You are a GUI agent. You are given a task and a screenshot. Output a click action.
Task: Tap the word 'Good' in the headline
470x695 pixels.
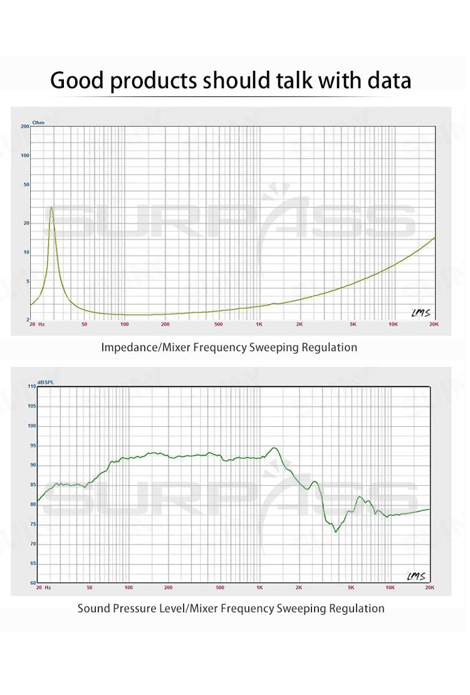pyautogui.click(x=77, y=81)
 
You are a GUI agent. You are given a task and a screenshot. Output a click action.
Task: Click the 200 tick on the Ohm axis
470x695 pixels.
pyautogui.click(x=25, y=126)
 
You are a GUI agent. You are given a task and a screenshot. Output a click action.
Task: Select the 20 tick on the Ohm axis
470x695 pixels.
pyautogui.click(x=26, y=223)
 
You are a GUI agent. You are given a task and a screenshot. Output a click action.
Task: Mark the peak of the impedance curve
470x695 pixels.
pyautogui.click(x=51, y=207)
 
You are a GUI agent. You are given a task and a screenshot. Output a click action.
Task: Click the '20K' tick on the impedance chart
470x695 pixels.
pyautogui.click(x=434, y=324)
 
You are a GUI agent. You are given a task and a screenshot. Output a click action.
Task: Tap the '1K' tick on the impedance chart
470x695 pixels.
pyautogui.click(x=259, y=324)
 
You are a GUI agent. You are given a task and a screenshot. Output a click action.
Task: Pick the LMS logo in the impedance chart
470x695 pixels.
pyautogui.click(x=420, y=312)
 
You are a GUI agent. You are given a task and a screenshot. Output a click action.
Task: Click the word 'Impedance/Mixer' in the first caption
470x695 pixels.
pyautogui.click(x=139, y=347)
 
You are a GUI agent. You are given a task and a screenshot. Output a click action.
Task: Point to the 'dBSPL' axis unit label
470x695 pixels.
pyautogui.click(x=46, y=382)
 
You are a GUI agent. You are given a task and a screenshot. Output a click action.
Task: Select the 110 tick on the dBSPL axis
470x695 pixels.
pyautogui.click(x=31, y=386)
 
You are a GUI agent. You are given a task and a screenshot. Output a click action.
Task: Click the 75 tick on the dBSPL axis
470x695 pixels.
pyautogui.click(x=33, y=524)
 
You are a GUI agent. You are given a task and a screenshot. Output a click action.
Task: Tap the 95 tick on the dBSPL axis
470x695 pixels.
pyautogui.click(x=33, y=446)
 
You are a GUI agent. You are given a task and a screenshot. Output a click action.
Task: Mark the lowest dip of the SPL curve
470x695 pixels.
pyautogui.click(x=336, y=532)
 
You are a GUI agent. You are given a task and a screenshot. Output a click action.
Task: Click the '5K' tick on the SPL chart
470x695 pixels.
pyautogui.click(x=351, y=588)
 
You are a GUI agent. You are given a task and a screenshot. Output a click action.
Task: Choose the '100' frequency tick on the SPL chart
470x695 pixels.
pyautogui.click(x=128, y=588)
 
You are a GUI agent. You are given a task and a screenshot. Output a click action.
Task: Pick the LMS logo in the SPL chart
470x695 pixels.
pyautogui.click(x=415, y=576)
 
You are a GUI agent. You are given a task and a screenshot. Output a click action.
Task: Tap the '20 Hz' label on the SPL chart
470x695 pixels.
pyautogui.click(x=43, y=588)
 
